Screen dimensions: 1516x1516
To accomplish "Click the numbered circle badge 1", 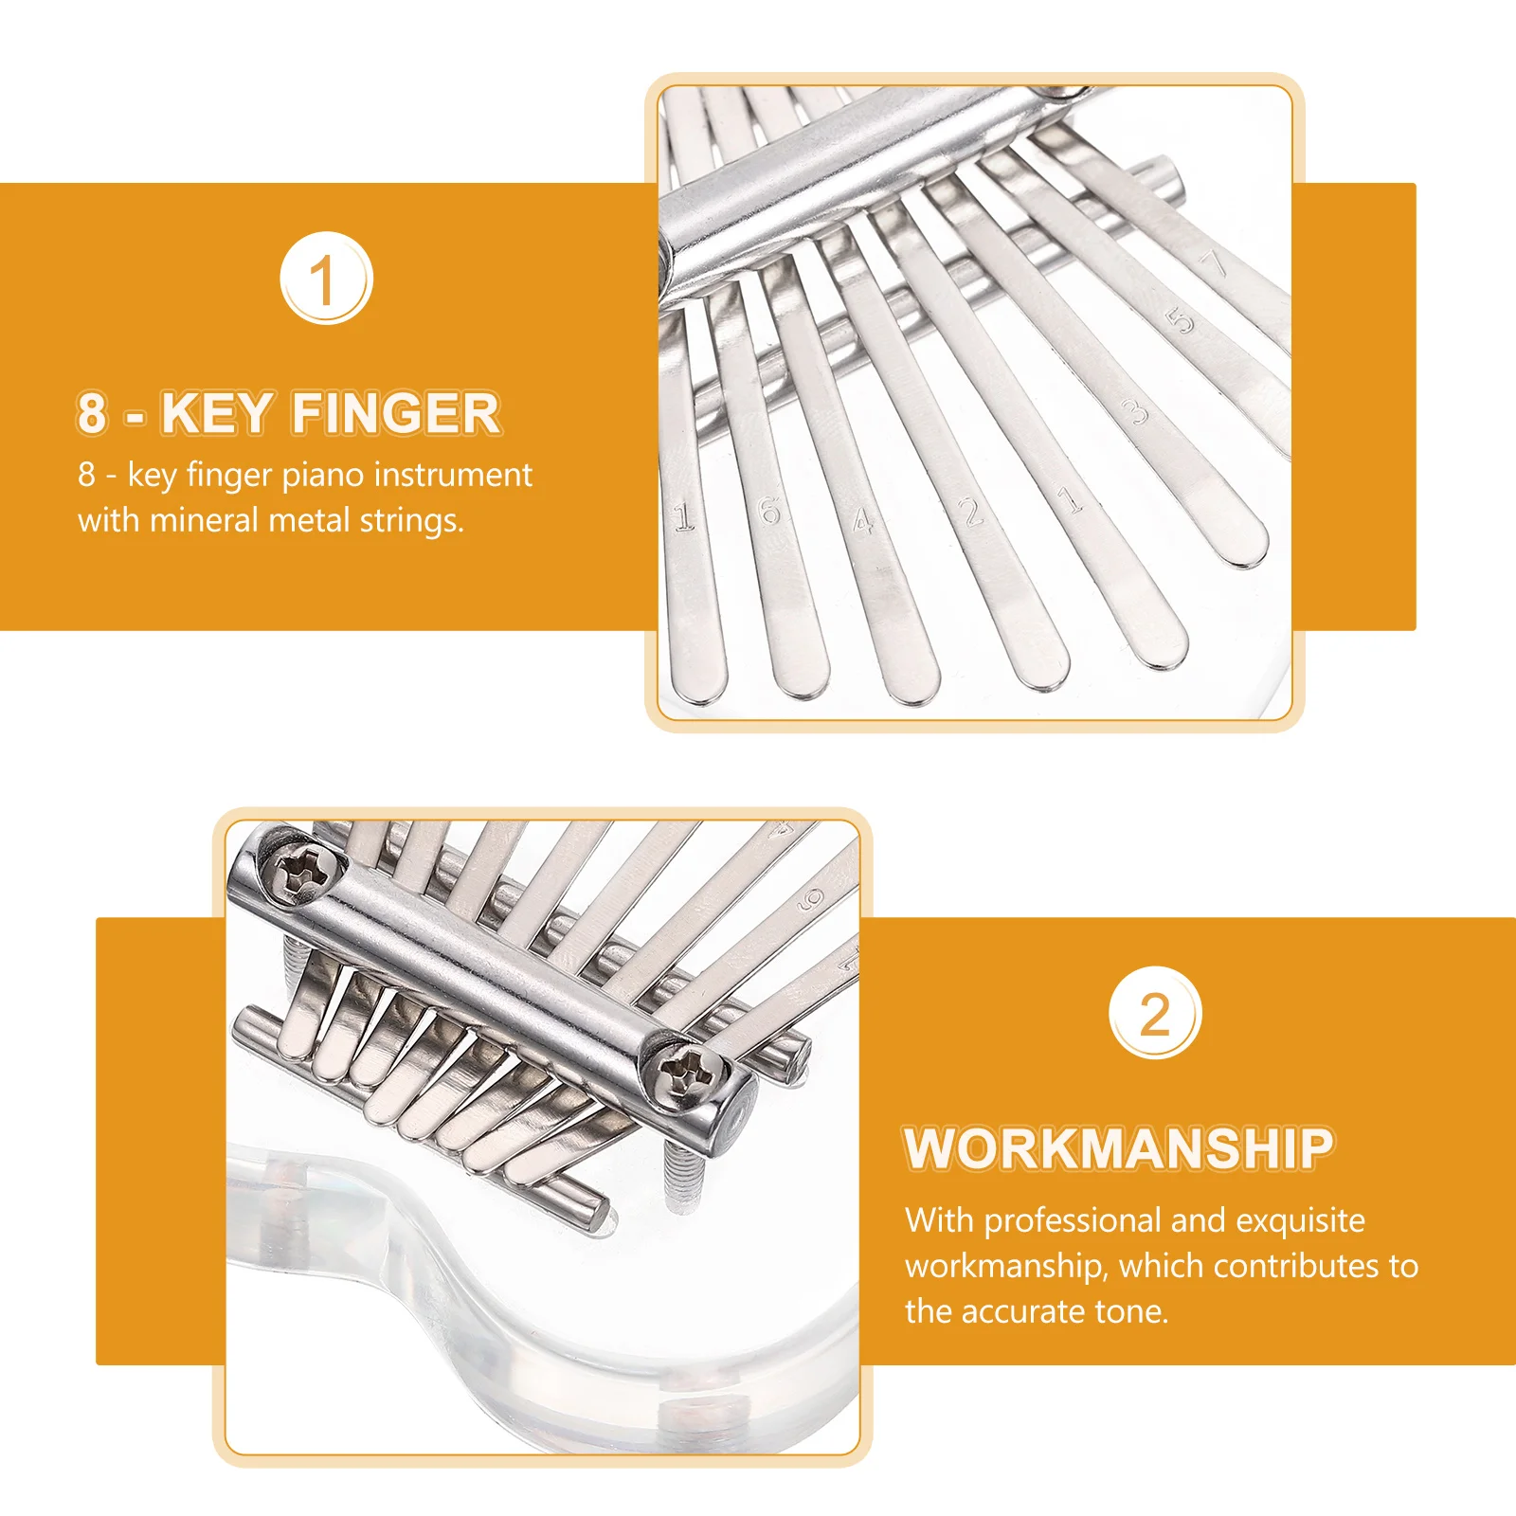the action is coord(326,278).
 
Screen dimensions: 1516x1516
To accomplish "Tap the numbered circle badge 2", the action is coord(1155,1013).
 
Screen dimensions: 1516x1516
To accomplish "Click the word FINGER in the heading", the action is coord(396,413).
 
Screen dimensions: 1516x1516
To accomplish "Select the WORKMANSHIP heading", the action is coord(1118,1148).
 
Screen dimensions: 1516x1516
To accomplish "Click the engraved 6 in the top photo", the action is coord(769,512).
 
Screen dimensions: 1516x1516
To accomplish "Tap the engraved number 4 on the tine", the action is coord(861,520).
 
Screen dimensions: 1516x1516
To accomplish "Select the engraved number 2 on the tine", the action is coord(971,513).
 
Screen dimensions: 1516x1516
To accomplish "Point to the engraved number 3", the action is coord(1134,411).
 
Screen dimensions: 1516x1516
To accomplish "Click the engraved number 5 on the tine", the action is coord(1182,321).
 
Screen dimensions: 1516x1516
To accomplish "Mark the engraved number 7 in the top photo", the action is coord(1215,263).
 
